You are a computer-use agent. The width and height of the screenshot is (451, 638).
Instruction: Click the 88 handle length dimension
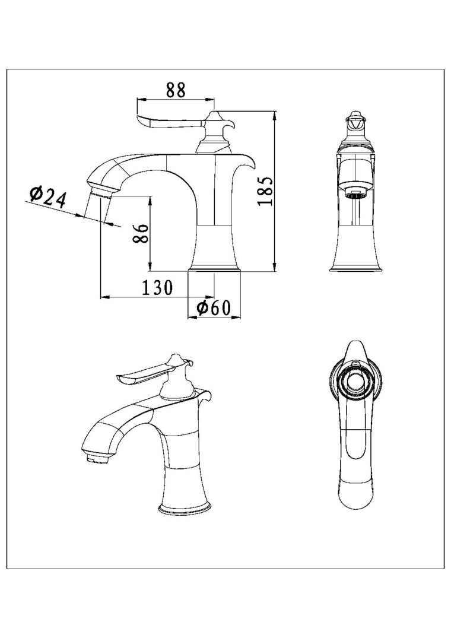[176, 90]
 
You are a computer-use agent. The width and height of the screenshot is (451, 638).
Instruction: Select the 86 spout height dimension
[140, 233]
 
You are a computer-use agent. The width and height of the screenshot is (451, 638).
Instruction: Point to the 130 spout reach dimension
[157, 288]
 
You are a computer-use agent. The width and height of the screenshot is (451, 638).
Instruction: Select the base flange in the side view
[214, 271]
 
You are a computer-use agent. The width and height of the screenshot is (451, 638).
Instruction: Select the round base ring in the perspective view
[185, 508]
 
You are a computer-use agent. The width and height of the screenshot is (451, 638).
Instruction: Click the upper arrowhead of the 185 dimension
[275, 115]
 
